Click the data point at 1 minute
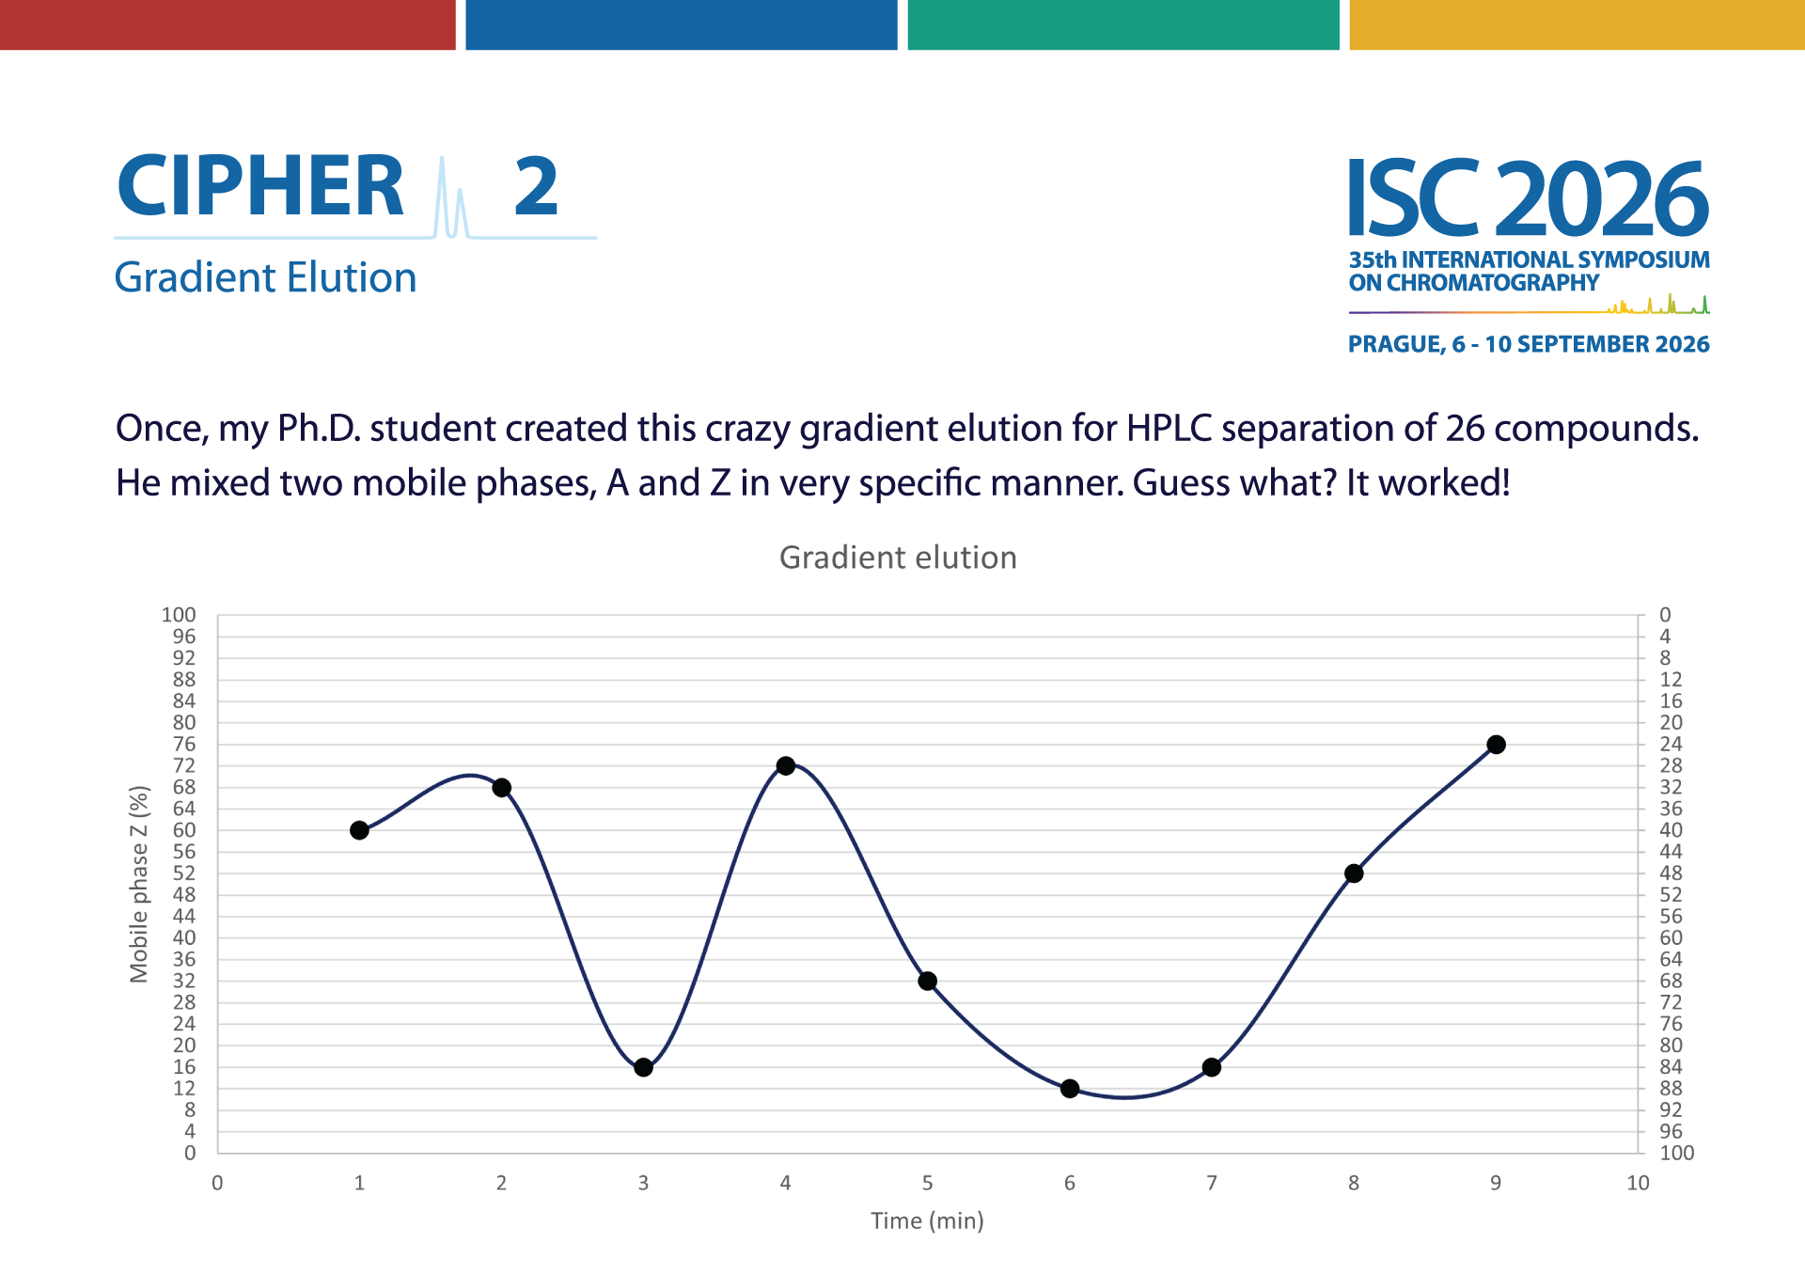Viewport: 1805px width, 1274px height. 359,830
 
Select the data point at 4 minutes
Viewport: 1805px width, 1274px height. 786,765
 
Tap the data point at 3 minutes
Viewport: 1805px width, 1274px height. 644,1067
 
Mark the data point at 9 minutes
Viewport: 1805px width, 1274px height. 1497,745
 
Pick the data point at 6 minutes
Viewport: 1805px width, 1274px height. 1070,1089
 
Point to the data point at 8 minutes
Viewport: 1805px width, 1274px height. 1354,873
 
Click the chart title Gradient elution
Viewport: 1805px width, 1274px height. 898,558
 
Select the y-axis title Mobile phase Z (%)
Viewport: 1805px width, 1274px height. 139,884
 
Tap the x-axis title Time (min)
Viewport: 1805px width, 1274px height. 927,1220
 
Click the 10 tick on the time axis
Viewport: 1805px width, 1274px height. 1638,1183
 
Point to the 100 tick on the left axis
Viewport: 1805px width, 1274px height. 179,615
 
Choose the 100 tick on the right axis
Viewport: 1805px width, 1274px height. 1677,1153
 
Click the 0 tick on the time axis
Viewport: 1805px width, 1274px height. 217,1183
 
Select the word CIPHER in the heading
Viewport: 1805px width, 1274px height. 260,185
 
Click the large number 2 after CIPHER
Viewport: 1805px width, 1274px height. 537,185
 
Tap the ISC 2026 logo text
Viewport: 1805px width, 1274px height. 1529,198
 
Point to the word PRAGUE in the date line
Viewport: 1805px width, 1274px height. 1396,344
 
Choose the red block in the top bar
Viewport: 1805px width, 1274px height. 228,24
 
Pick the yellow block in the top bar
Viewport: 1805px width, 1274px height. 1577,24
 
